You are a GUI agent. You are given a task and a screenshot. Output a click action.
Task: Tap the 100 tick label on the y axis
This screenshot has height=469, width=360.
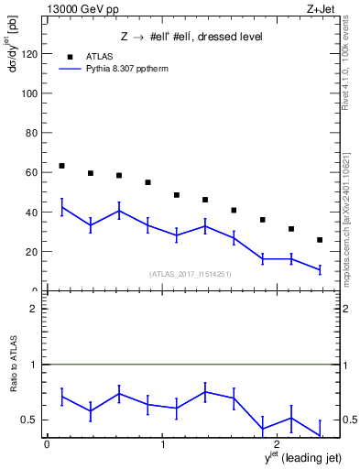(x=29, y=93)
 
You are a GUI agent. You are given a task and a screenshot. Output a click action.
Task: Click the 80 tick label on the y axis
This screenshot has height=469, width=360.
(x=32, y=133)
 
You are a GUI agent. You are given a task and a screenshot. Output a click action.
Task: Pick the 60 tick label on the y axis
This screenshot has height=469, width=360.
(x=32, y=172)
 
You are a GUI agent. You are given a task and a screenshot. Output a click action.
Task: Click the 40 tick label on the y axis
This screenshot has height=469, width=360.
(x=32, y=212)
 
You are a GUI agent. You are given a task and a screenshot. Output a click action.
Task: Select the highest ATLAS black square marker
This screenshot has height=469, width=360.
(x=61, y=166)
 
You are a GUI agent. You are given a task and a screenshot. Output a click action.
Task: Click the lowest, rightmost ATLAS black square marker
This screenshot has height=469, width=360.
(x=319, y=240)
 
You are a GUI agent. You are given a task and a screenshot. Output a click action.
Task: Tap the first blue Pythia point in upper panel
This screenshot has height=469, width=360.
(x=61, y=208)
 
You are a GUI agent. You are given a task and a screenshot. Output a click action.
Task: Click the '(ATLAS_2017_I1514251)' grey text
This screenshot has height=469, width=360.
(x=191, y=274)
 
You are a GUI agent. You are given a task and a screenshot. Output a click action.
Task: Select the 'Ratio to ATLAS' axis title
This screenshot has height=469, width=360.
(x=14, y=366)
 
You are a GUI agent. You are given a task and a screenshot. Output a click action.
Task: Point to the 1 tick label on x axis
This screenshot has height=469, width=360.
(x=162, y=444)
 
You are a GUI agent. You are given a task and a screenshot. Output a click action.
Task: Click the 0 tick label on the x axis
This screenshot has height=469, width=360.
(x=47, y=444)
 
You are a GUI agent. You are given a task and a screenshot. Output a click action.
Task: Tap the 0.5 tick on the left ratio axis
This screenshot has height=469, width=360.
(x=30, y=420)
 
